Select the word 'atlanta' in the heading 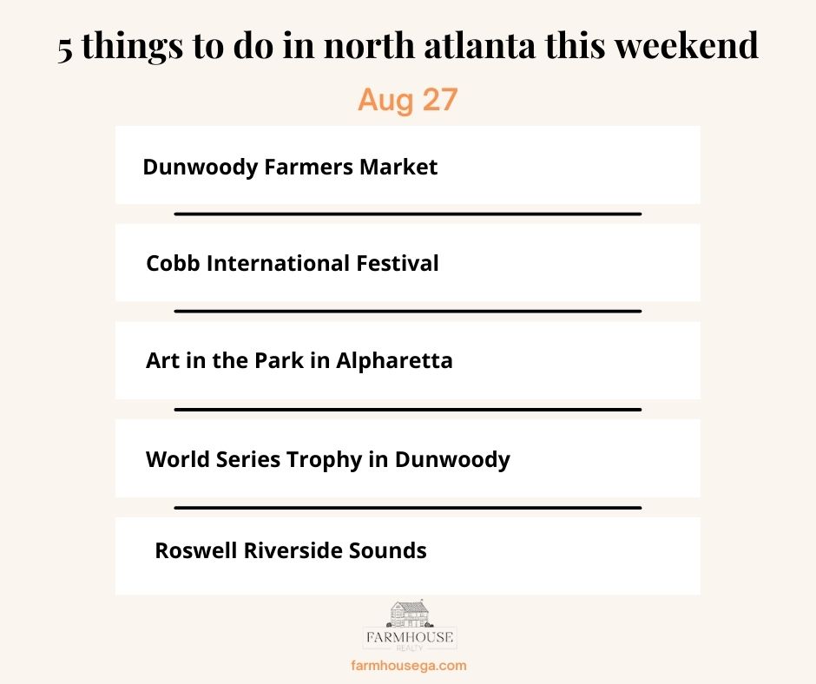point(479,45)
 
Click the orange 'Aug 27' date point(407,100)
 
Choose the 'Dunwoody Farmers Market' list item point(290,168)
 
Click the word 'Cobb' point(173,263)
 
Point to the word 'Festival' point(397,263)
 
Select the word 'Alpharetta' point(394,361)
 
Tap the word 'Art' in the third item point(162,360)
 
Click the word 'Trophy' point(324,460)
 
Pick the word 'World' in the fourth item point(178,459)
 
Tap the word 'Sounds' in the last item point(388,550)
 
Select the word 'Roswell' point(196,550)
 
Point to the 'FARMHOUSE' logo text point(410,637)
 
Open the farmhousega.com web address point(409,665)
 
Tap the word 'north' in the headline point(369,45)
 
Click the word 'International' point(278,263)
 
